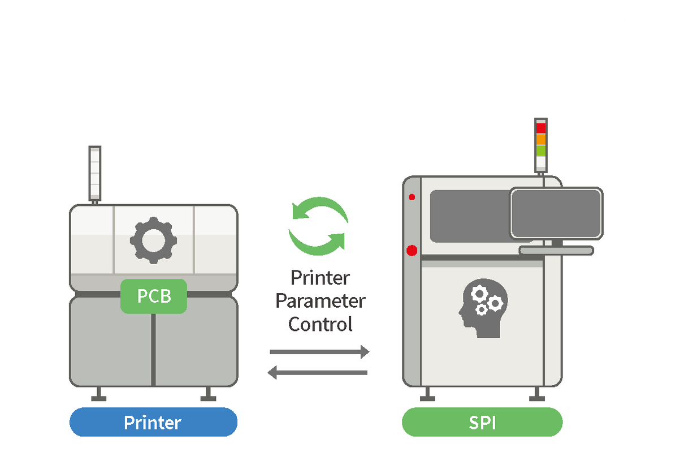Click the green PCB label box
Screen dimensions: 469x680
point(154,296)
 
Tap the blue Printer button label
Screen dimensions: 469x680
point(153,422)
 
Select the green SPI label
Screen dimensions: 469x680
point(482,422)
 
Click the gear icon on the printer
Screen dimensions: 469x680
point(154,240)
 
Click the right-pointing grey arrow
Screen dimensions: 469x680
point(319,352)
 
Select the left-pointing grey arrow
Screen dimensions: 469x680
point(318,372)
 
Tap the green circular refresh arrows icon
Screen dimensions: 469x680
point(318,226)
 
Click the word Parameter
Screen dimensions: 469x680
point(320,301)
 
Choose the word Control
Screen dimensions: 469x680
point(320,324)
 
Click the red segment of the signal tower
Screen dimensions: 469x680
point(540,128)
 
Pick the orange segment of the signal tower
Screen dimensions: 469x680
point(540,139)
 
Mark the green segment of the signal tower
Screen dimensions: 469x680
point(540,150)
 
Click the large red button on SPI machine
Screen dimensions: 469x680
point(412,250)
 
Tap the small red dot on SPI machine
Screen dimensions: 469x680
point(412,197)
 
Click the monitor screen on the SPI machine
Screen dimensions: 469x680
point(556,213)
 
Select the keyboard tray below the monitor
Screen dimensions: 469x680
point(556,250)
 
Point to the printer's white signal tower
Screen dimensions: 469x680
point(94,173)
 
